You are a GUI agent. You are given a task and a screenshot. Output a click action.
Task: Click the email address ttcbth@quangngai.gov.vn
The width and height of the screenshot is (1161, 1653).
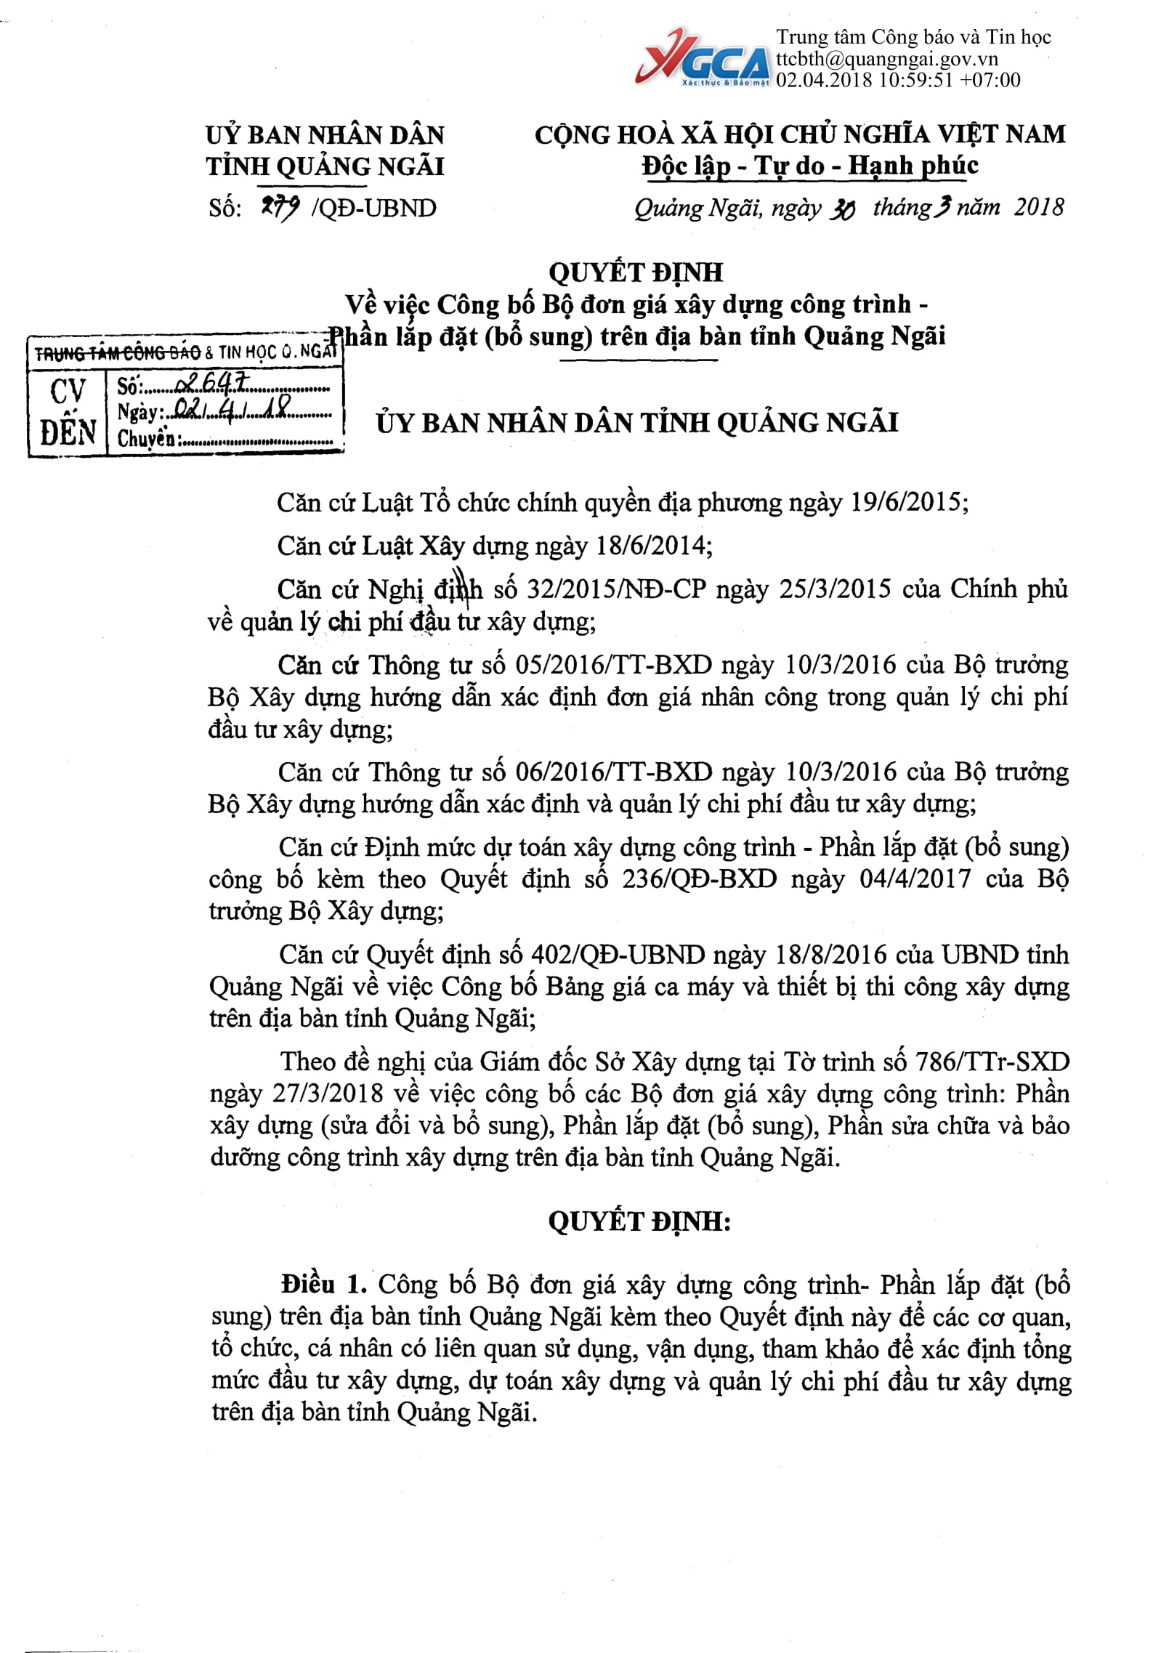click(x=886, y=59)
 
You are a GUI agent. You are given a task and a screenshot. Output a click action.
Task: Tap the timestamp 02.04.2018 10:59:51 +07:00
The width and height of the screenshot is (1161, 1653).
click(x=898, y=80)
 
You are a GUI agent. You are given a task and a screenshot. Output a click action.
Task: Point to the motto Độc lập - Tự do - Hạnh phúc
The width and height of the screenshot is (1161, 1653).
click(x=809, y=166)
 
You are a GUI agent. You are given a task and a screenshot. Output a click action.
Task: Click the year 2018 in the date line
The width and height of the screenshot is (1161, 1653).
click(x=1039, y=208)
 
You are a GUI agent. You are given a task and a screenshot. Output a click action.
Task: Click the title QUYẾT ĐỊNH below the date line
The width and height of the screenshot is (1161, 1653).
click(x=636, y=272)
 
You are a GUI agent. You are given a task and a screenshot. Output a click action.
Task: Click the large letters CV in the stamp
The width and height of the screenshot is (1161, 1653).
click(x=68, y=392)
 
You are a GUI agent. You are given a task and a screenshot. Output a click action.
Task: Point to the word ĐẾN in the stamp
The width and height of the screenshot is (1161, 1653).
click(x=68, y=433)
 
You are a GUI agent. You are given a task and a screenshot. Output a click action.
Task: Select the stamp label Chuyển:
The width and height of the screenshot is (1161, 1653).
click(x=146, y=439)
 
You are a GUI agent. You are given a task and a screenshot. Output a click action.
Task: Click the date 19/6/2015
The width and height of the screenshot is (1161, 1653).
click(x=908, y=503)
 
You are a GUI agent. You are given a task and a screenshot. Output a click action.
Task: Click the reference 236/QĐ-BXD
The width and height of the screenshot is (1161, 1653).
click(x=699, y=879)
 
